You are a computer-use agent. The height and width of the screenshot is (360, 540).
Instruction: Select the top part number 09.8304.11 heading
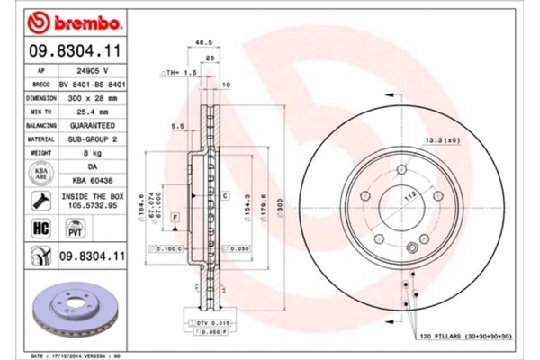click(x=65, y=53)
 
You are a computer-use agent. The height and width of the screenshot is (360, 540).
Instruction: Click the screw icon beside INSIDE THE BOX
click(x=40, y=200)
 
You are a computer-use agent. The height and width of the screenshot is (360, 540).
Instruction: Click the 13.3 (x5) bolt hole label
click(x=443, y=139)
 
